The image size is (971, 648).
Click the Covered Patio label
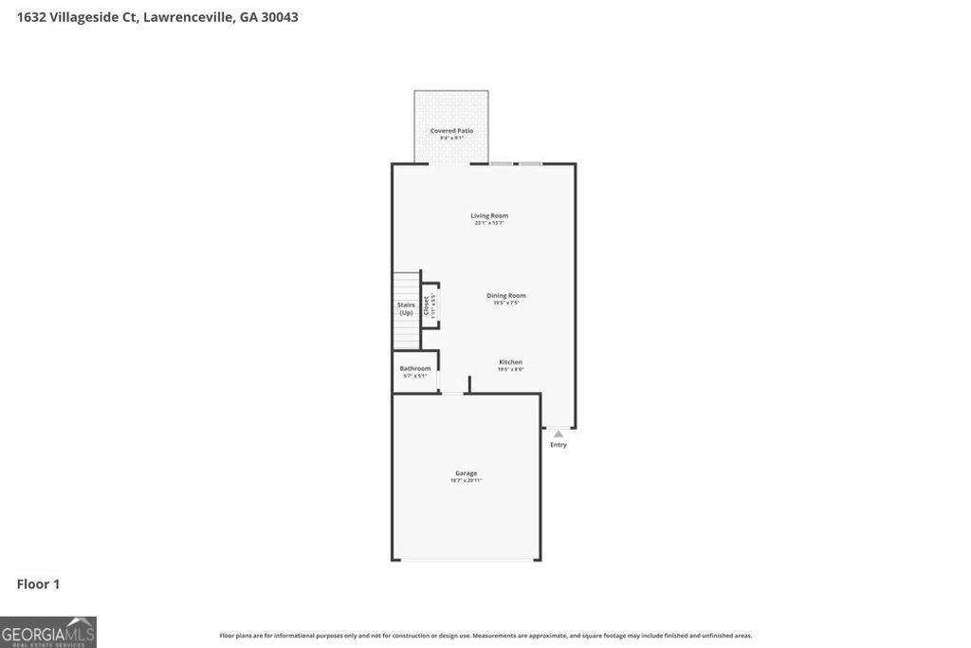[451, 131]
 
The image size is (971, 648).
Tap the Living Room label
[489, 215]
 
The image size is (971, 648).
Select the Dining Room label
[505, 295]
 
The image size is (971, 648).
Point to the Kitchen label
[510, 362]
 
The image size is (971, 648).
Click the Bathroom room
[414, 371]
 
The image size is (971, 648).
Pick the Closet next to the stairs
[430, 305]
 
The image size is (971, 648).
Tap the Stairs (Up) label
[406, 308]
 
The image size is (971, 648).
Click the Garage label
[466, 472]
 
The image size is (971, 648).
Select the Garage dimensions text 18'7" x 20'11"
[466, 481]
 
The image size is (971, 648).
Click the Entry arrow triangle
[559, 435]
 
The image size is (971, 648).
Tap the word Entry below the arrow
[559, 445]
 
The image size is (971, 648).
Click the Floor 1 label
[38, 584]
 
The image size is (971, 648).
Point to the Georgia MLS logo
[47, 632]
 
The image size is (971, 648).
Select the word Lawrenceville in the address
[188, 17]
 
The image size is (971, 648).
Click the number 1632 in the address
[31, 17]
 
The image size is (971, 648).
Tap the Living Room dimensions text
[489, 223]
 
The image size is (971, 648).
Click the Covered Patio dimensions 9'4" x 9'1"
[451, 139]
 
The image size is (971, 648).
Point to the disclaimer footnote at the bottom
[485, 636]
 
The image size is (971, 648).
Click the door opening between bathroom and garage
[453, 393]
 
